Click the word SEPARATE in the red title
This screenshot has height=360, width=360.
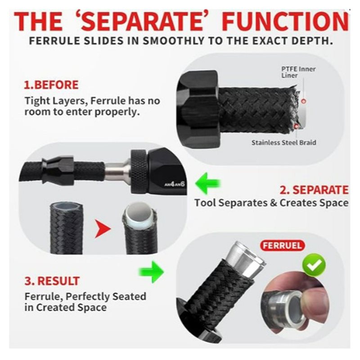pyautogui.click(x=143, y=21)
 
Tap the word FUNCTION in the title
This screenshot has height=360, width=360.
pyautogui.click(x=285, y=21)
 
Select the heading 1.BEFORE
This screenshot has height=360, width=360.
pyautogui.click(x=51, y=85)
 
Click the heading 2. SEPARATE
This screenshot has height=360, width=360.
pyautogui.click(x=314, y=190)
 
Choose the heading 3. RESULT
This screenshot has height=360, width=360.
pyautogui.click(x=52, y=281)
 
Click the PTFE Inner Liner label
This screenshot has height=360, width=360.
pyautogui.click(x=298, y=72)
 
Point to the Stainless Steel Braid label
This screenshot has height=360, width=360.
pyautogui.click(x=284, y=143)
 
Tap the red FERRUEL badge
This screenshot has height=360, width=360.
pyautogui.click(x=282, y=246)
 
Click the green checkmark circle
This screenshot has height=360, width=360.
pyautogui.click(x=314, y=266)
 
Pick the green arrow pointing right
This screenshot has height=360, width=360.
pyautogui.click(x=151, y=272)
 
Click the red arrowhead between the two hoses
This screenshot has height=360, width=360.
pyautogui.click(x=103, y=229)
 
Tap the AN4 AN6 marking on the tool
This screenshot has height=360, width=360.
pyautogui.click(x=175, y=184)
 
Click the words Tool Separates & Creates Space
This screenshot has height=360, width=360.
pyautogui.click(x=271, y=203)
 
